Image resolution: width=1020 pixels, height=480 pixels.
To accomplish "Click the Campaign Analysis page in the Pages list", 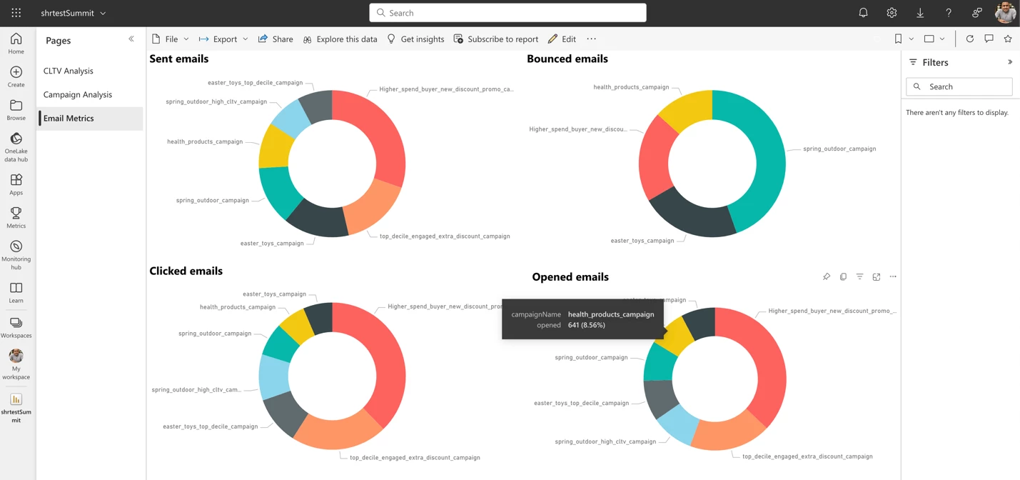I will coord(78,94).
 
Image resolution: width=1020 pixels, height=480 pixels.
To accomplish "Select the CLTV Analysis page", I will coord(69,71).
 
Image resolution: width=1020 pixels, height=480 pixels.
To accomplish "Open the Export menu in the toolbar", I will coord(223,39).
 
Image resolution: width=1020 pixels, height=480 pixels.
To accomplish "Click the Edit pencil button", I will coord(562,39).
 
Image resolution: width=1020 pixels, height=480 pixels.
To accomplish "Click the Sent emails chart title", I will coord(179,59).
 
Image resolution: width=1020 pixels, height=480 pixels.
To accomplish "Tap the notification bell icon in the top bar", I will coord(863,13).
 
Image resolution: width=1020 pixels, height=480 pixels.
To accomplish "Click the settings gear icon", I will coord(892,13).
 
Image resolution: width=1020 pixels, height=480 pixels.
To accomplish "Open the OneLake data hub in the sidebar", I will coord(16,146).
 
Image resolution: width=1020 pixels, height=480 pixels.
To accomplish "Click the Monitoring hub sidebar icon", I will coord(16,254).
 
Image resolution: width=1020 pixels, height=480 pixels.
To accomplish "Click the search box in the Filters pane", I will coord(959,86).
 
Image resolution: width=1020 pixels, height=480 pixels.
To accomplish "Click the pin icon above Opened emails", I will coord(827,276).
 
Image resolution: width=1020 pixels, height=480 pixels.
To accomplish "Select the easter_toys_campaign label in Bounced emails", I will coord(642,241).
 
